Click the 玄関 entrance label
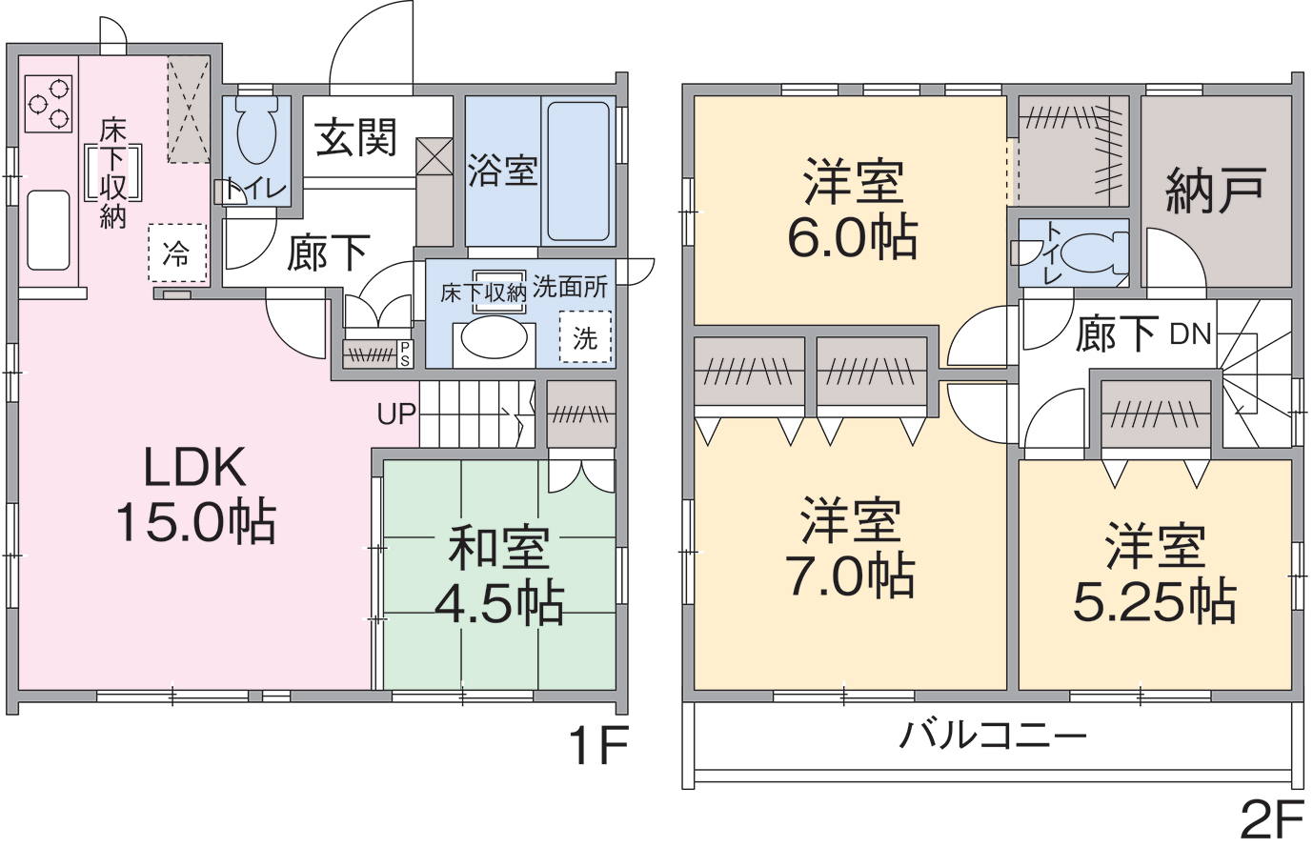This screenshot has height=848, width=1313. tap(355, 138)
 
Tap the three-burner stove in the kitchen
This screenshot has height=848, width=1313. tap(49, 104)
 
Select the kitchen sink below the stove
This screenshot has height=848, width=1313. tap(48, 231)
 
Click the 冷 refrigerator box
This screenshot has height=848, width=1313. tap(177, 253)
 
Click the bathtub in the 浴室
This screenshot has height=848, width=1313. tap(578, 172)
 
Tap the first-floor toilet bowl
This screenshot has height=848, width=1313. tap(256, 131)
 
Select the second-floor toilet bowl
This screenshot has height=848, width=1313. tap(1095, 253)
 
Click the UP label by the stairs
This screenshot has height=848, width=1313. tap(396, 414)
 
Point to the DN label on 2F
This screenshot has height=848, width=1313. tap(1190, 334)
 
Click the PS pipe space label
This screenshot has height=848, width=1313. tap(404, 353)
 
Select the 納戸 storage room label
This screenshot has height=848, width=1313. tap(1216, 191)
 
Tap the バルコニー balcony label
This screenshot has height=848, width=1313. tap(993, 737)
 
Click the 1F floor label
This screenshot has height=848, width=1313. tap(598, 746)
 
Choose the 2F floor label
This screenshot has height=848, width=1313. tap(1272, 819)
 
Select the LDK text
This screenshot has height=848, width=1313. tap(195, 467)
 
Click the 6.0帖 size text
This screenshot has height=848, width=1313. tap(852, 237)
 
